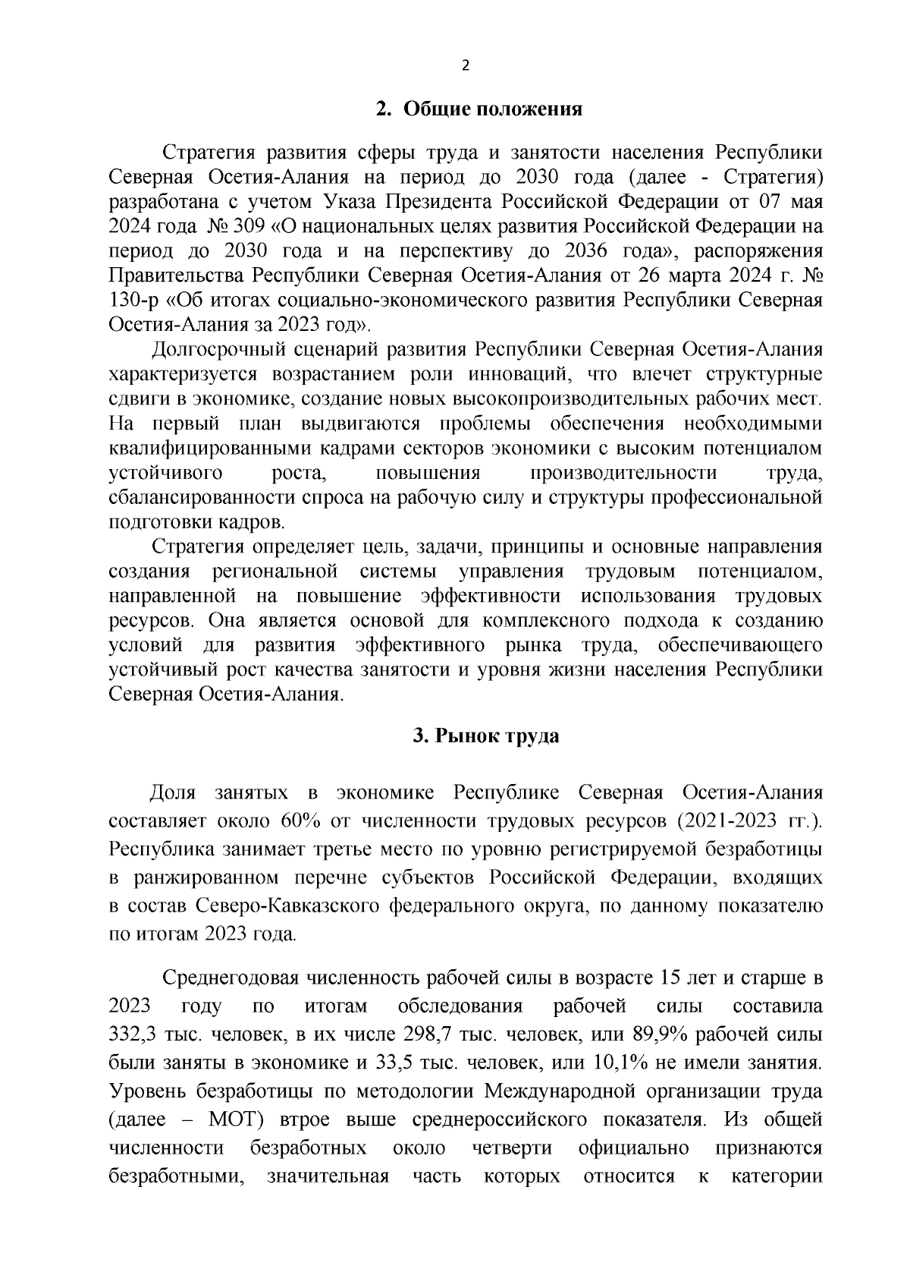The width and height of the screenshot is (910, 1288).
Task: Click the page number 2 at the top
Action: [466, 66]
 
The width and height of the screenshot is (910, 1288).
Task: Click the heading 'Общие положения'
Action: [492, 109]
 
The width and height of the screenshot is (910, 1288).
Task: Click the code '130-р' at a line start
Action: [133, 300]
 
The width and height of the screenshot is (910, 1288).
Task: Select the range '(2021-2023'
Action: [725, 821]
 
